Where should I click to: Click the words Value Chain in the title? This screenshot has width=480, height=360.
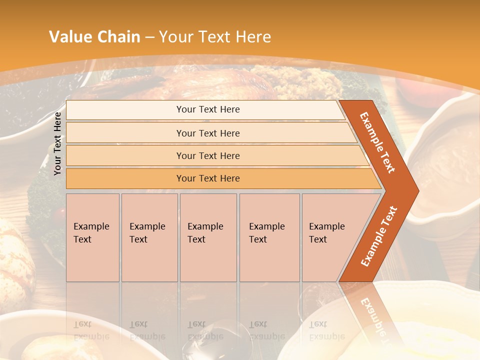94,37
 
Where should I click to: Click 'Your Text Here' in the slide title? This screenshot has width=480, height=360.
215,37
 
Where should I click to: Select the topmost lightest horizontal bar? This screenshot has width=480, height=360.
208,109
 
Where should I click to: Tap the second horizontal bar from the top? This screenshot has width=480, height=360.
208,133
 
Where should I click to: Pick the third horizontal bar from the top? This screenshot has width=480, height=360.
208,155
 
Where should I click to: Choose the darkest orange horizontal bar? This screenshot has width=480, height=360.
208,178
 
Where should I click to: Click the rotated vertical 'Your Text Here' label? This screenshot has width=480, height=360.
57,143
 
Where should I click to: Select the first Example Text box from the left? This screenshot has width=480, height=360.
92,237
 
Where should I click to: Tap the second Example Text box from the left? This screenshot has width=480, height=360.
149,237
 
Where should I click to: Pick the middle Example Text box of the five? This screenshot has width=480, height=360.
208,237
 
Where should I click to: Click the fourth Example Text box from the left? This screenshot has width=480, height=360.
269,237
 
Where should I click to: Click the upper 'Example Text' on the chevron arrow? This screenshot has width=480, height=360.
377,142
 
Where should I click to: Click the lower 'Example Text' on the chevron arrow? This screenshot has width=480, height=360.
379,236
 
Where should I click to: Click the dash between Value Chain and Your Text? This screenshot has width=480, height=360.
149,37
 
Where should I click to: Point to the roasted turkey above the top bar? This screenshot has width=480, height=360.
210,82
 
